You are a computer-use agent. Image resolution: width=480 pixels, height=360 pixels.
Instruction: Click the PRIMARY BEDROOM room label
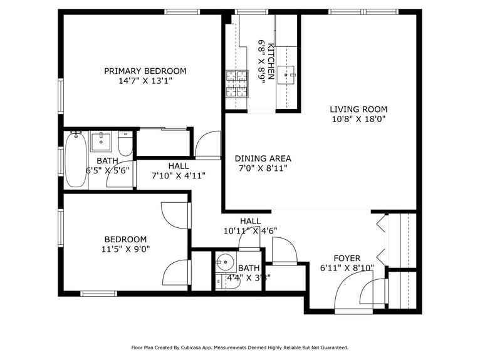coord(145,71)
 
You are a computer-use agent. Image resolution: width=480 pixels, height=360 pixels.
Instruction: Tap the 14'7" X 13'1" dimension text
coord(145,81)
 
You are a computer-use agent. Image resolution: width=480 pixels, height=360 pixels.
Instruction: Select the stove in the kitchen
coord(237,85)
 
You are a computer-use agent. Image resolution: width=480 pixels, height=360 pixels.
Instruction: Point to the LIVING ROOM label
coord(358,109)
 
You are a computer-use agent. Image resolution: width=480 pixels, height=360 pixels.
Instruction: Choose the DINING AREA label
coord(263,158)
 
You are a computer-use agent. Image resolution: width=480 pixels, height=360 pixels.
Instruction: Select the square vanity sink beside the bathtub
coord(100,141)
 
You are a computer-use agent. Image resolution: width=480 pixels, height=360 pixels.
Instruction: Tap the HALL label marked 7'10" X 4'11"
coord(178,166)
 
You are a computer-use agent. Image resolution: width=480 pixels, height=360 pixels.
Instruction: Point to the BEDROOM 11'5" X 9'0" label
coord(125,240)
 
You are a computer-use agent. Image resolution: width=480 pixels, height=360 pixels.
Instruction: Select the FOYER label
coord(347,258)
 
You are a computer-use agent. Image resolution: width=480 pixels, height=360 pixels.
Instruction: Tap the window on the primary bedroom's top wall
coord(182,11)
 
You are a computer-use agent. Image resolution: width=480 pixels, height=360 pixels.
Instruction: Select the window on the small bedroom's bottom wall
coord(99,293)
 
